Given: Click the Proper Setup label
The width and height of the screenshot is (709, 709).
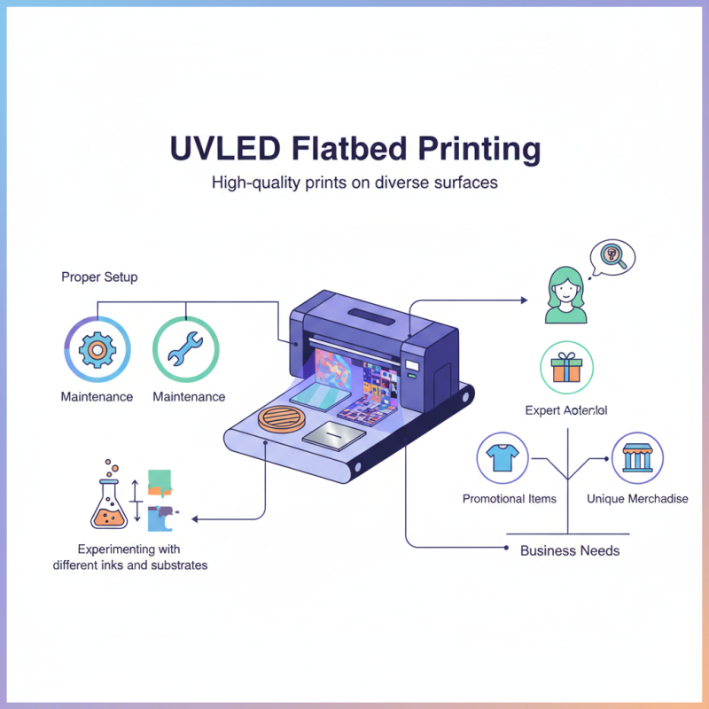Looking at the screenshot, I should click(99, 277).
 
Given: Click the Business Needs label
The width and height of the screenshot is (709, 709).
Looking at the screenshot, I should click(570, 550).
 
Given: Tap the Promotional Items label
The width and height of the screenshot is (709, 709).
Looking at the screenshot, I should click(510, 499).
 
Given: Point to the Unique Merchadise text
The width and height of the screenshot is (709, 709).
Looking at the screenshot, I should click(637, 499).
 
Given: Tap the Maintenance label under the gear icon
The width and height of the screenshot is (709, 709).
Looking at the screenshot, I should click(97, 396).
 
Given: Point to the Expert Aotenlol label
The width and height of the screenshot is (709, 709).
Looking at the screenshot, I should click(565, 410).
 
